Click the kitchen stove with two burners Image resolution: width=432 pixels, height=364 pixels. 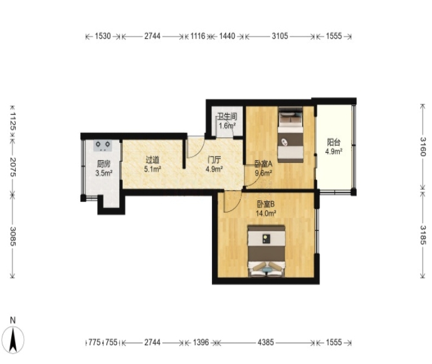[103, 145]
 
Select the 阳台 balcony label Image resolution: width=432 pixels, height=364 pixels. [334, 142]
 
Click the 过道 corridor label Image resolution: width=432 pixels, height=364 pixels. [152, 160]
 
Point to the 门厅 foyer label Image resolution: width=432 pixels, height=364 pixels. [214, 160]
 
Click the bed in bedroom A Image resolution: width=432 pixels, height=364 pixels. [290, 134]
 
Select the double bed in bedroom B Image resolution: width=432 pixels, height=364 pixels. [266, 251]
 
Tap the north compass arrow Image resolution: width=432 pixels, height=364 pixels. [13, 340]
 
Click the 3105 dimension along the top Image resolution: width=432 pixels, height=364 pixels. [280, 36]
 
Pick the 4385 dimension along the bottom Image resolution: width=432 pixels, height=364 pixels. [266, 342]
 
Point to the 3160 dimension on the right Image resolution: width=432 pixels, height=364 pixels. [423, 146]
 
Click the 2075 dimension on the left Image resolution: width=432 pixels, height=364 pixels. [13, 167]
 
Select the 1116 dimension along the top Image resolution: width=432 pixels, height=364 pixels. [198, 36]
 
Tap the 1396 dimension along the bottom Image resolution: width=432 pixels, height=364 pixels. [201, 342]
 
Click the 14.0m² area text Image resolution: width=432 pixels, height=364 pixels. [266, 213]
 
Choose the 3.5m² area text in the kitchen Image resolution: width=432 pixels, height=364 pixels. [104, 173]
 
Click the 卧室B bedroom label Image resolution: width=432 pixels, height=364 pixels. [266, 204]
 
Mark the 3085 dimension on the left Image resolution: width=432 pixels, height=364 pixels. [13, 236]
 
